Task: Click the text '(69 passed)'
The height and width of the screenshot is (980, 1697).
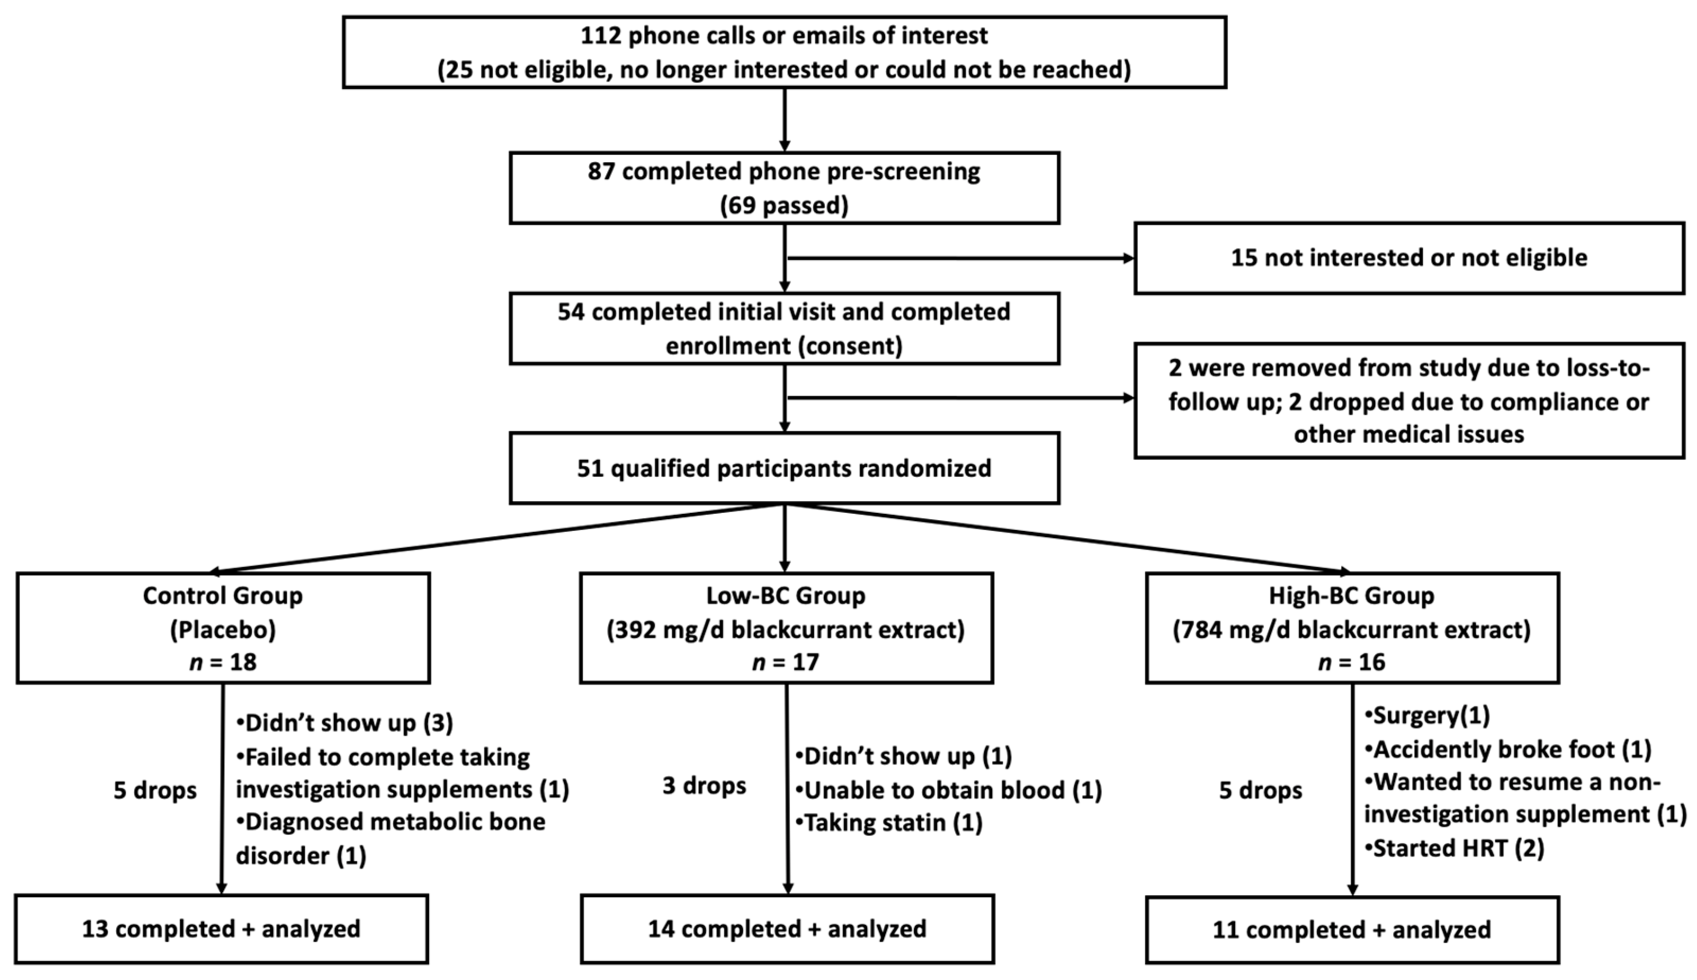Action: pyautogui.click(x=784, y=206)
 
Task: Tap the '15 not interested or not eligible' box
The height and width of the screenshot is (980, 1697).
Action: pyautogui.click(x=1409, y=258)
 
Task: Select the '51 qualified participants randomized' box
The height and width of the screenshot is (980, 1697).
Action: pyautogui.click(x=784, y=468)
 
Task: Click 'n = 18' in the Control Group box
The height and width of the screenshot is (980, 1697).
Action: pyautogui.click(x=223, y=662)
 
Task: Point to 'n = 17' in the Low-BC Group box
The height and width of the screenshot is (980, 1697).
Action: pyautogui.click(x=785, y=662)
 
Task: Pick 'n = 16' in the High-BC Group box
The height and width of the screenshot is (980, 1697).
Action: pyautogui.click(x=1351, y=662)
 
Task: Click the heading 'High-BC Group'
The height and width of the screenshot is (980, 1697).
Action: pyautogui.click(x=1351, y=596)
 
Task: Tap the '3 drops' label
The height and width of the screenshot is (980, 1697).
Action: pyautogui.click(x=704, y=786)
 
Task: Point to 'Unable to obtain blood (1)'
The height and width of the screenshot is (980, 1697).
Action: pyautogui.click(x=949, y=790)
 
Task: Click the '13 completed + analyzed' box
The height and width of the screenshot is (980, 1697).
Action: pyautogui.click(x=221, y=930)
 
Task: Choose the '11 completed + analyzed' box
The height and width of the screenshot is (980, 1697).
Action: pyautogui.click(x=1351, y=930)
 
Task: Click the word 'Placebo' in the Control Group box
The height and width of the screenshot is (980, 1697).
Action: pyautogui.click(x=223, y=630)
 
